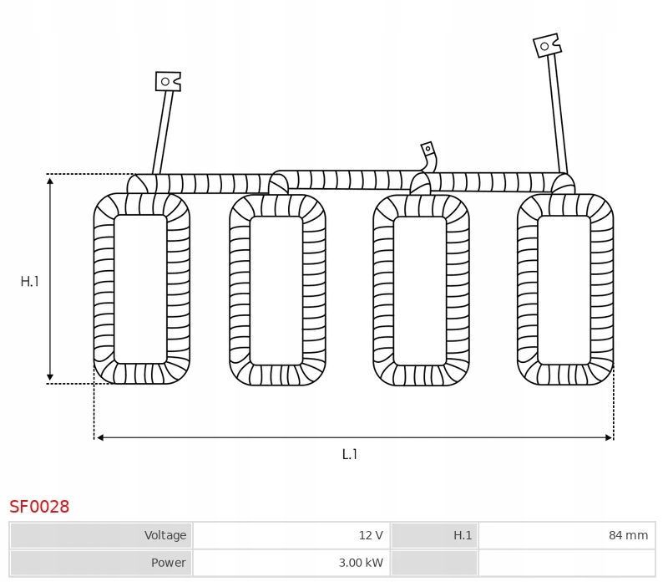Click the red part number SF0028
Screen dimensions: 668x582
click(39, 507)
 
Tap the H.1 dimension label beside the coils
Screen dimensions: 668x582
click(30, 282)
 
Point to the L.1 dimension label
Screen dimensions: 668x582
click(350, 454)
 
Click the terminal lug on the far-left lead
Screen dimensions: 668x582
click(167, 81)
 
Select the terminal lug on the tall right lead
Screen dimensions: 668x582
click(546, 45)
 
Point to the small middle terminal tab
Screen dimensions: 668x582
click(428, 151)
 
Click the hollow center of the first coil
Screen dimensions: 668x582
click(140, 288)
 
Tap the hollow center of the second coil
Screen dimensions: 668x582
click(276, 290)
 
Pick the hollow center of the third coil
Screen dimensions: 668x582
click(420, 290)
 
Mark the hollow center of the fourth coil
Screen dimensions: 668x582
click(564, 289)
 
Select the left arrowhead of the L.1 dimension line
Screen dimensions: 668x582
click(99, 437)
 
